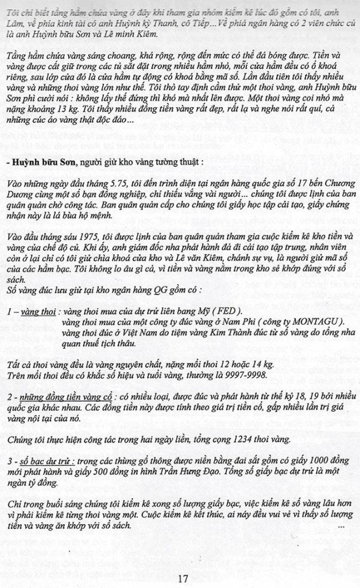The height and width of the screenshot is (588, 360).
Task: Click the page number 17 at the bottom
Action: [x=183, y=578]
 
